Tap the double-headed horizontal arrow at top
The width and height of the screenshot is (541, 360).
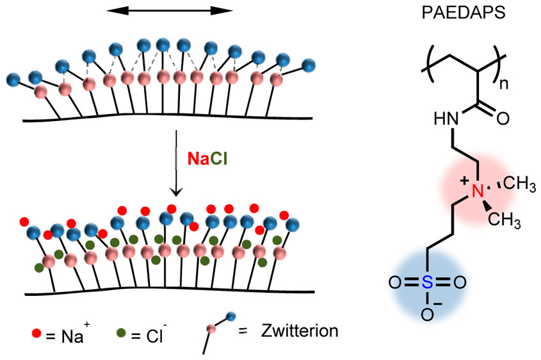pos(169,11)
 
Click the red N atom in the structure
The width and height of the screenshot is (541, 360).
pos(476,190)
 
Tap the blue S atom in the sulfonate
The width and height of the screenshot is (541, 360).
pos(426,281)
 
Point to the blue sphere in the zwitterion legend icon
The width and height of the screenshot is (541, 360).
pos(231,316)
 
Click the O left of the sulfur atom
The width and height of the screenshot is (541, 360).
pos(394,281)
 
